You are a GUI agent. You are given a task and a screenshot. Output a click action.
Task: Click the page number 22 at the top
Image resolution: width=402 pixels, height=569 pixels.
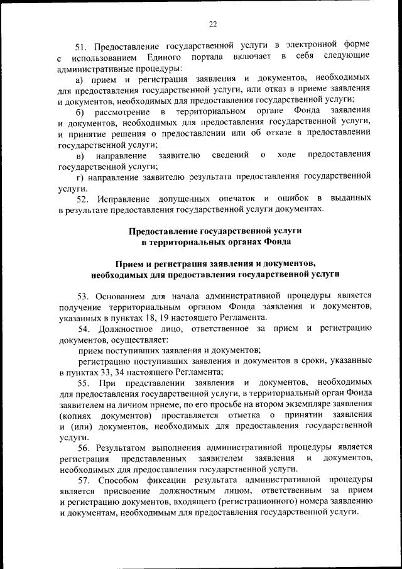pyautogui.click(x=213, y=24)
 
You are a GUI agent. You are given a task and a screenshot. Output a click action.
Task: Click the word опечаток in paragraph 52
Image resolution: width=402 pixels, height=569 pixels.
pyautogui.click(x=230, y=199)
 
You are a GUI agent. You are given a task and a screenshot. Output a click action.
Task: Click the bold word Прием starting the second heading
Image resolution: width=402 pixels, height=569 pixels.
pyautogui.click(x=129, y=263)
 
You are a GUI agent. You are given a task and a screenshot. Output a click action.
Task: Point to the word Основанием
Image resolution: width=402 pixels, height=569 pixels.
pyautogui.click(x=122, y=295)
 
